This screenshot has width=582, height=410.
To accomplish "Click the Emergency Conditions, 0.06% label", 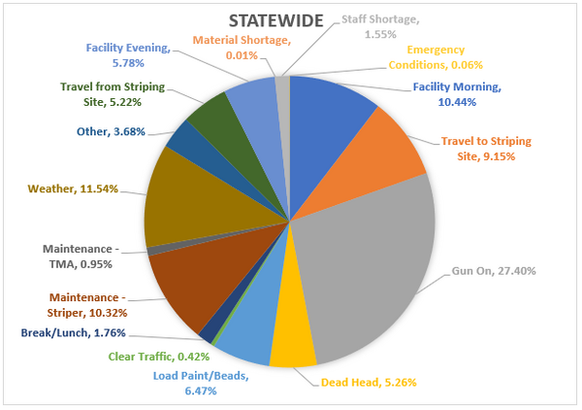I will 449,57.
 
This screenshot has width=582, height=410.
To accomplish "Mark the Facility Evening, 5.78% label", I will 128,53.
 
